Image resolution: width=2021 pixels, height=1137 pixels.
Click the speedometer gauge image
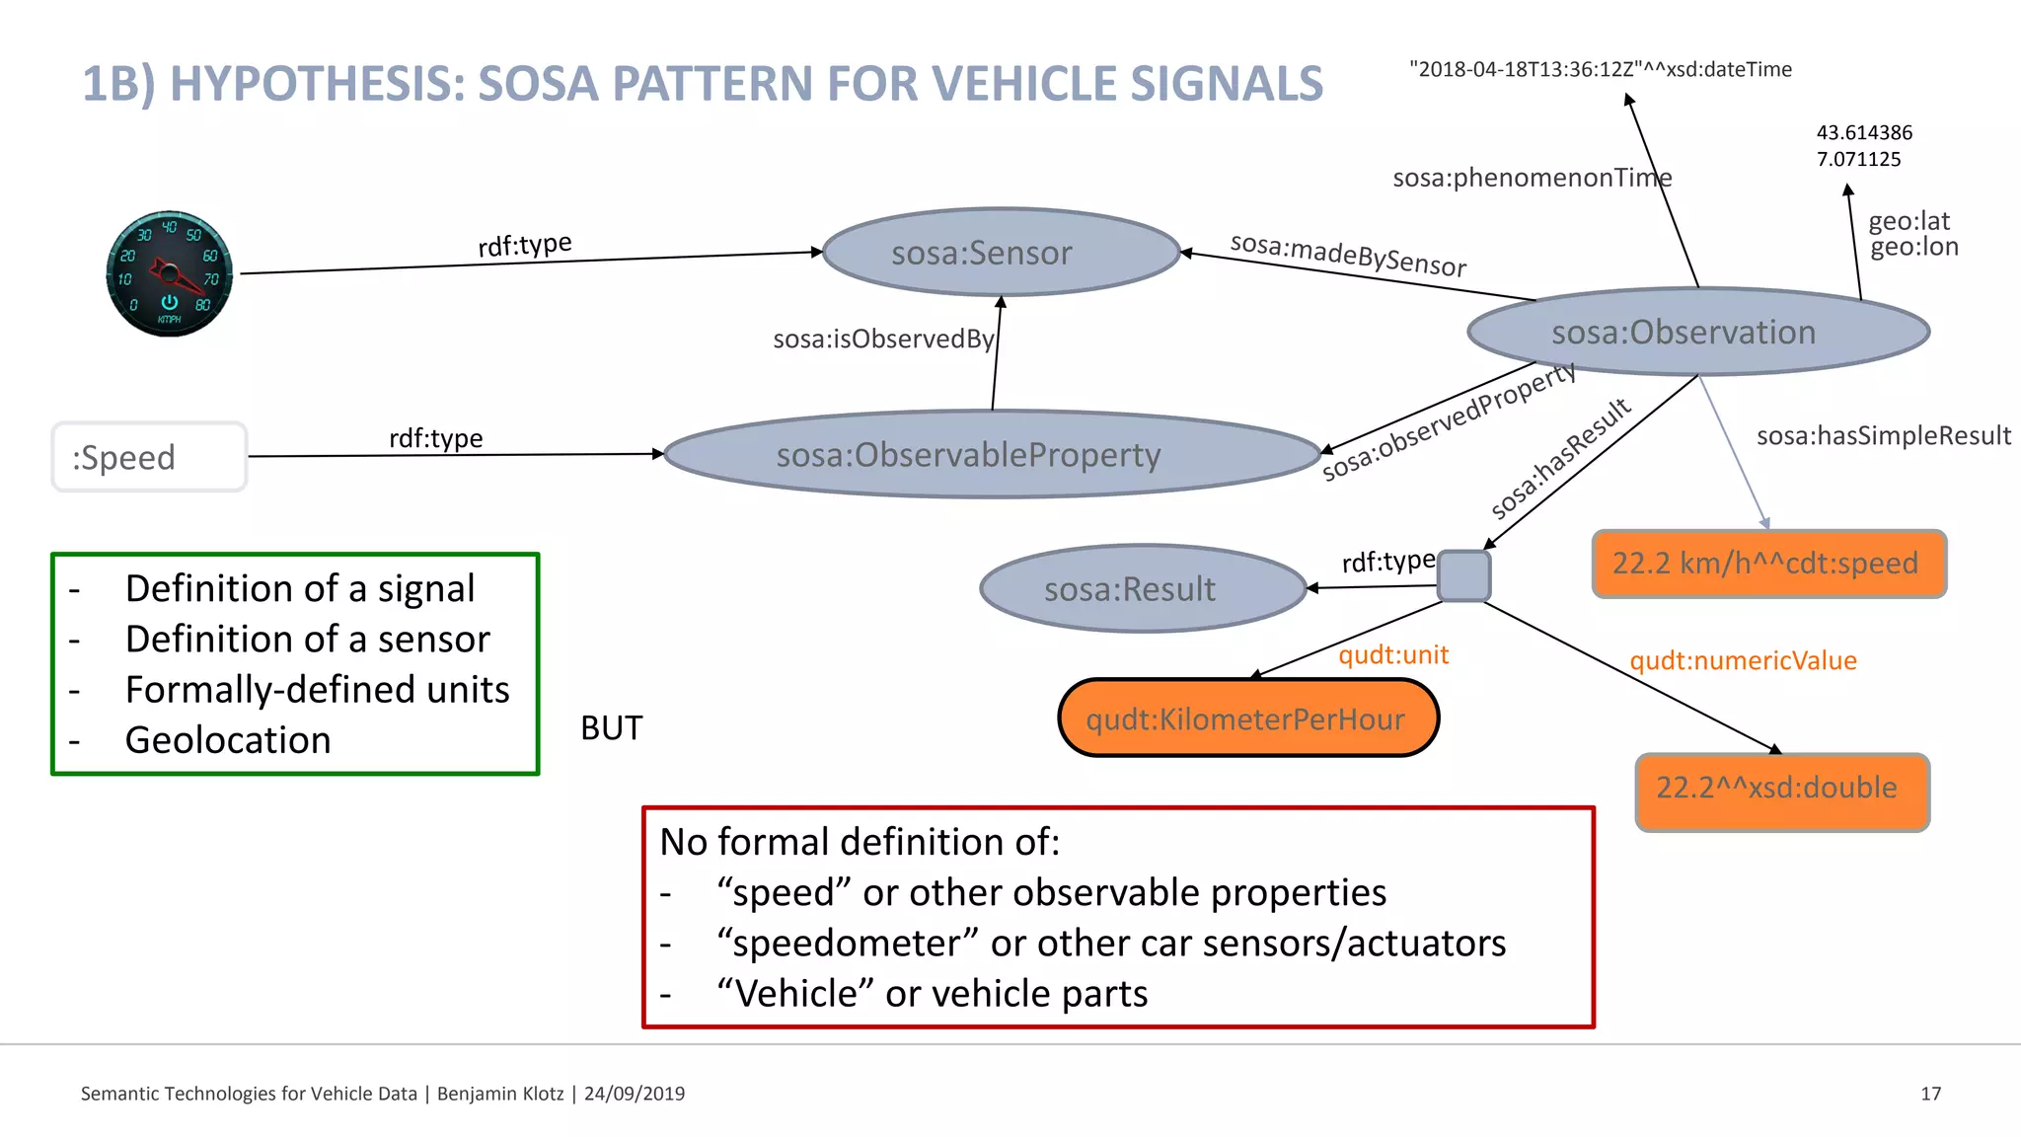[169, 273]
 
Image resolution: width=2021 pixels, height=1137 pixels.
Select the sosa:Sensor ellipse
[1001, 253]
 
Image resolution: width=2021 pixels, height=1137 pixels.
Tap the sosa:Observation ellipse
[1697, 332]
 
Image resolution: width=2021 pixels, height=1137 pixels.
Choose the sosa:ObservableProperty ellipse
[992, 455]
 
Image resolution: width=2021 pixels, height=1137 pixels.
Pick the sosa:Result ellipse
[1143, 589]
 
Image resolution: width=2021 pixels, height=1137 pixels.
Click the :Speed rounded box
[149, 457]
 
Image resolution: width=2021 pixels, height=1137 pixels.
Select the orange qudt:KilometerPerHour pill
[1247, 719]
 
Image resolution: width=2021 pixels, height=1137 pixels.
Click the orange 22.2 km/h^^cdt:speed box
[1768, 564]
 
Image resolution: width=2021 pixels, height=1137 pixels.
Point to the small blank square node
[1463, 576]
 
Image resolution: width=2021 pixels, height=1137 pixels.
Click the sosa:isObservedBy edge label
[883, 340]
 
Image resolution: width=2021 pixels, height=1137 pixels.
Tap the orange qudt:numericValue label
[1743, 660]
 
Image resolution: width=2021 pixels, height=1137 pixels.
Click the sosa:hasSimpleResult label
[1883, 435]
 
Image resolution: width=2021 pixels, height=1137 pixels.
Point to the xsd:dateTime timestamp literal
[1600, 69]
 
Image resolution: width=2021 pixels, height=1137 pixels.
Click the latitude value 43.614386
[1864, 132]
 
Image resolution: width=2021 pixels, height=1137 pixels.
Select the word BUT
[611, 728]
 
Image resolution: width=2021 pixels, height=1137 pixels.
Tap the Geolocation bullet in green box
[228, 740]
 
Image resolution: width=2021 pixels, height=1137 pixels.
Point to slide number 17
[1930, 1094]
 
